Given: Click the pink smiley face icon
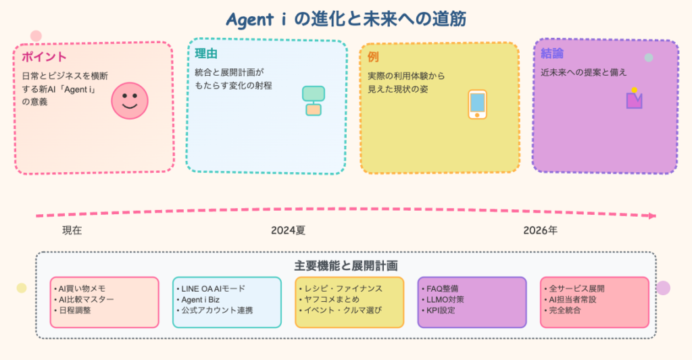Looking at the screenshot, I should [x=129, y=101].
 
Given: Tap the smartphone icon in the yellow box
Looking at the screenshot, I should [x=477, y=104].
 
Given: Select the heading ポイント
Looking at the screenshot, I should [x=44, y=57].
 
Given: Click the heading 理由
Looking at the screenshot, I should [x=205, y=54].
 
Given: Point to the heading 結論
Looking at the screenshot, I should [x=552, y=53].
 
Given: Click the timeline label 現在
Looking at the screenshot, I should [x=72, y=230].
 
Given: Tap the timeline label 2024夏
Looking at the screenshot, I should [x=289, y=230].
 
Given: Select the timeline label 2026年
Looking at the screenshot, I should [x=540, y=230].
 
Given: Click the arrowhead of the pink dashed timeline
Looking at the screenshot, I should [x=651, y=216].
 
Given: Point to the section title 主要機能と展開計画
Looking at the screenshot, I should [x=346, y=265].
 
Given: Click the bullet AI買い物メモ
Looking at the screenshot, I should [x=80, y=288].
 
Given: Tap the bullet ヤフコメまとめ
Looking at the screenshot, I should [x=329, y=299].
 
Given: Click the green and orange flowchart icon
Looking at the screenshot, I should [x=313, y=101].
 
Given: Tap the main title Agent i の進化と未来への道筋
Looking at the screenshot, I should [x=346, y=18].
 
